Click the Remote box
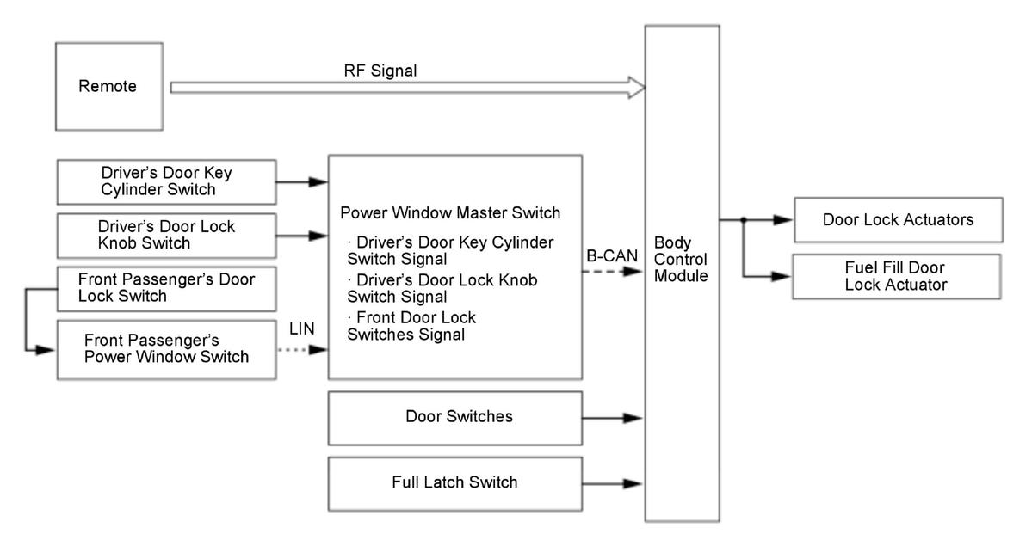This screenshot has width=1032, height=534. coord(109,86)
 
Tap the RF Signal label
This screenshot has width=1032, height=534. coord(380,71)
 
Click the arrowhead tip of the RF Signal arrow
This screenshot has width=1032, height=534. coord(646,87)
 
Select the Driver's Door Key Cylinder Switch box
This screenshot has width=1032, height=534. coord(166,181)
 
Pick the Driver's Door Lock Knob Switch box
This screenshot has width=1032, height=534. coord(166,236)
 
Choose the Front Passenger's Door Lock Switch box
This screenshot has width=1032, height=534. coord(166,288)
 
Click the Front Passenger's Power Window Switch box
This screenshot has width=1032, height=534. coord(166,349)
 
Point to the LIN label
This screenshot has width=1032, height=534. coord(301,328)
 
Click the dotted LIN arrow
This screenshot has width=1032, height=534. coord(302,350)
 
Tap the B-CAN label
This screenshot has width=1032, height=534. coord(612,255)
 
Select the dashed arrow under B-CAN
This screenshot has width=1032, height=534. coord(612,271)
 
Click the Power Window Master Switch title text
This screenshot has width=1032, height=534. coord(450,213)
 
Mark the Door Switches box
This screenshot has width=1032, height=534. coord(454,418)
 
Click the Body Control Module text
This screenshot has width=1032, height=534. coord(681,259)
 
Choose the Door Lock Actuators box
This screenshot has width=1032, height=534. coord(899,219)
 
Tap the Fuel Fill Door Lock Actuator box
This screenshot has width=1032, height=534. coord(896,276)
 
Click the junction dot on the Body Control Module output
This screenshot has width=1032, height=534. coord(743,220)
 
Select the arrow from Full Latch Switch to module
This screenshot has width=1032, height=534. coord(612,484)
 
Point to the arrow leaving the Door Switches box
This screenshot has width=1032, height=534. coord(612,418)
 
